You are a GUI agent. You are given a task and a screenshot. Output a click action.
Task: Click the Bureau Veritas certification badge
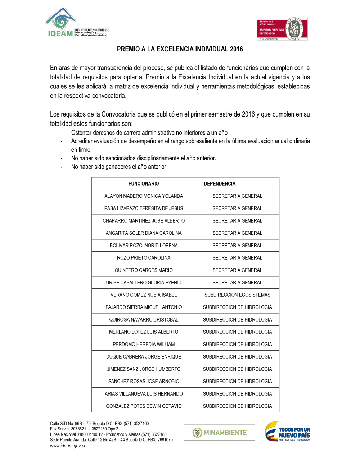click(x=282, y=29)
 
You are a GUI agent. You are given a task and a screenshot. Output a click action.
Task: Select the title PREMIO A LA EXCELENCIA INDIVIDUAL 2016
click(x=180, y=49)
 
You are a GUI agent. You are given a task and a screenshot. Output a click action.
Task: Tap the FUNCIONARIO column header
click(x=144, y=184)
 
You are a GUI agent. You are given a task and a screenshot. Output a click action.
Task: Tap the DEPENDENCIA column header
click(x=220, y=184)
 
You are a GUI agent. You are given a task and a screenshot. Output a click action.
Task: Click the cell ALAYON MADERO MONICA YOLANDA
click(x=144, y=196)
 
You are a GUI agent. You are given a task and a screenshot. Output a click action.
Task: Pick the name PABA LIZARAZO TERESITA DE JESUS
click(x=144, y=208)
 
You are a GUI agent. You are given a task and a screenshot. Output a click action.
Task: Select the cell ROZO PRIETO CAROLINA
click(x=144, y=258)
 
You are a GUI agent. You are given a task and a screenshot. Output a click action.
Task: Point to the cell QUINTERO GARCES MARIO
click(x=144, y=270)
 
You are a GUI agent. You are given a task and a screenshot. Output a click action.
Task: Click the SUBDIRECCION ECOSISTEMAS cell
click(x=237, y=295)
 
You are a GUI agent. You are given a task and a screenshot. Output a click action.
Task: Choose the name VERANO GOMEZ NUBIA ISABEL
click(x=144, y=295)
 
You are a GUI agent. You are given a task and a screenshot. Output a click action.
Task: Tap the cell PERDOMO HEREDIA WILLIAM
click(x=144, y=344)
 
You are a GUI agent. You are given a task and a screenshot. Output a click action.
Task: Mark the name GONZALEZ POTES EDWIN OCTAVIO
click(x=144, y=406)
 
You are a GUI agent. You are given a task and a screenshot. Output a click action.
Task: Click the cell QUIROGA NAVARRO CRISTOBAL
click(x=144, y=320)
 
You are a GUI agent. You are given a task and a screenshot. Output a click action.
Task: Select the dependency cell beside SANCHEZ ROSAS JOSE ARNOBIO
click(x=237, y=381)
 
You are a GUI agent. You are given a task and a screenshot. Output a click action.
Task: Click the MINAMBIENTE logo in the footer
click(x=220, y=433)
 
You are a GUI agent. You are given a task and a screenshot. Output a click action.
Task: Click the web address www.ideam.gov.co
click(x=68, y=446)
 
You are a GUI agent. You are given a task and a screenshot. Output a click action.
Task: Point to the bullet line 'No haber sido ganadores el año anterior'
click(x=118, y=167)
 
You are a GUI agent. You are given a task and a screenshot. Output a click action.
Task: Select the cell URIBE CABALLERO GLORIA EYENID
click(x=144, y=283)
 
